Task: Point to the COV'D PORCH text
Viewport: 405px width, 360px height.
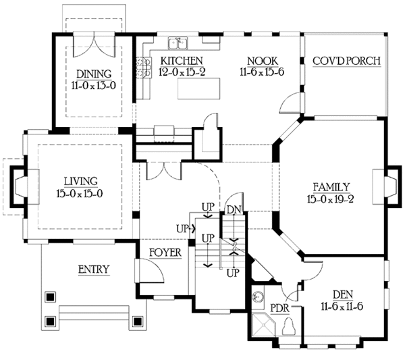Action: click(347, 61)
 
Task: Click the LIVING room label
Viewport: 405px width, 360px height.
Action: click(81, 181)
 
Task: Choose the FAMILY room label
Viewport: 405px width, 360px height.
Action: click(331, 186)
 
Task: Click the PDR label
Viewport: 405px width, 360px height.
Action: click(279, 307)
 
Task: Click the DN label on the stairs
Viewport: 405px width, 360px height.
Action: click(234, 210)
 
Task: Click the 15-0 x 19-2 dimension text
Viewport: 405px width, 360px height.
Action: click(331, 199)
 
